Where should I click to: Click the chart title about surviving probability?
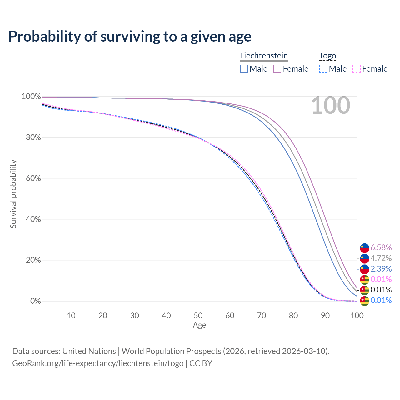[130, 37]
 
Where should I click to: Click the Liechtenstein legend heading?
[264, 56]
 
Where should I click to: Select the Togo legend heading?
[327, 56]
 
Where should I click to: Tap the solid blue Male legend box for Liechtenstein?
[244, 69]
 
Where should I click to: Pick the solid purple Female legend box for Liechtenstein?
[277, 69]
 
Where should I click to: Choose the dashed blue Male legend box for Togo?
[323, 69]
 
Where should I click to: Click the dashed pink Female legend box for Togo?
[356, 69]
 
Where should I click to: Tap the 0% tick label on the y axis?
[35, 301]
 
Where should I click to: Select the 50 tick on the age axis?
[198, 316]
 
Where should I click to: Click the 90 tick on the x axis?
[325, 316]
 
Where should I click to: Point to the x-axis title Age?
[199, 325]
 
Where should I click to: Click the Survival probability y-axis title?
[13, 194]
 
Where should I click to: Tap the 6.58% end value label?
[381, 247]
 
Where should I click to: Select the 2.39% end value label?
[381, 269]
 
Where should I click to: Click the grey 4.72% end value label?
[381, 258]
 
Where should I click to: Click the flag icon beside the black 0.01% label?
[364, 290]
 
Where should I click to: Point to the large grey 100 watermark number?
[331, 106]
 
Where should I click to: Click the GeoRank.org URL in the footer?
[98, 363]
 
